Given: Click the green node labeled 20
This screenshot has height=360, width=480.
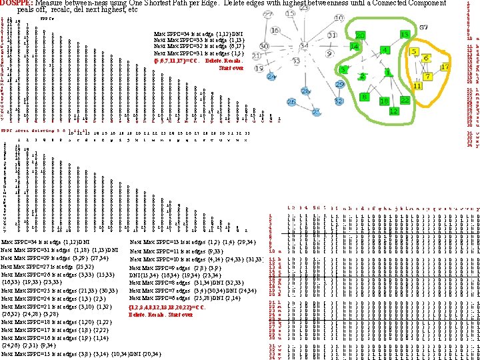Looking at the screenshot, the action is click(x=359, y=35).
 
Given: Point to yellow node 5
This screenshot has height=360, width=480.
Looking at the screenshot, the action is click(x=413, y=52).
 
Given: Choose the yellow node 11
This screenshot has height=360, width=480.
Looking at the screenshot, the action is click(x=417, y=86).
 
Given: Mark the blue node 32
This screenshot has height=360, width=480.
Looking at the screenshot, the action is click(x=338, y=101).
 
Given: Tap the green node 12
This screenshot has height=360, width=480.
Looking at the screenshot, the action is click(x=393, y=111).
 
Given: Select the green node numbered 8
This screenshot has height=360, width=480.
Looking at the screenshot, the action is click(x=362, y=97).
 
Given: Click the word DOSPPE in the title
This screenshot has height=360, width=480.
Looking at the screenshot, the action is click(x=16, y=3).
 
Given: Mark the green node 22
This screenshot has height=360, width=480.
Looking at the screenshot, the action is click(x=405, y=99).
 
